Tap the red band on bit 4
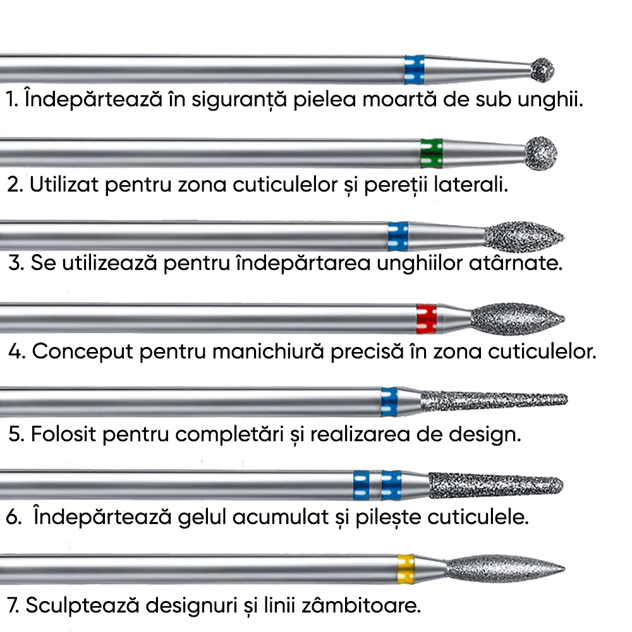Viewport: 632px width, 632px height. pyautogui.click(x=427, y=319)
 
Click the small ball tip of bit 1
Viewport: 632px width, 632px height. pyautogui.click(x=542, y=70)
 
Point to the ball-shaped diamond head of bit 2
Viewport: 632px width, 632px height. pyautogui.click(x=542, y=152)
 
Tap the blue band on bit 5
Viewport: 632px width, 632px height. pyautogui.click(x=389, y=402)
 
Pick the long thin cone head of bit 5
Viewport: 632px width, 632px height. pyautogui.click(x=493, y=400)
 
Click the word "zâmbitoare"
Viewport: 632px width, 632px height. pyautogui.click(x=360, y=605)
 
